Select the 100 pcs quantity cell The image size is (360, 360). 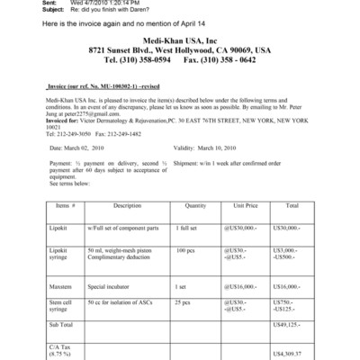coord(185,247)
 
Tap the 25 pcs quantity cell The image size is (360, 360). coord(184,301)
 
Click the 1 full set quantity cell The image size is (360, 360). coord(186,229)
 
